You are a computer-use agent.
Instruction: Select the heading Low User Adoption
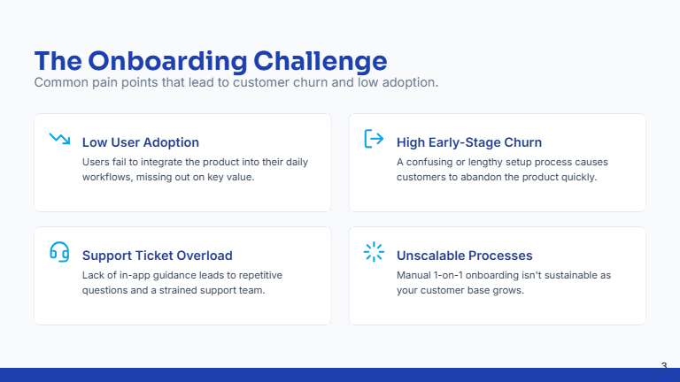pos(140,142)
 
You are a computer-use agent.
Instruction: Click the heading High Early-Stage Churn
pos(469,142)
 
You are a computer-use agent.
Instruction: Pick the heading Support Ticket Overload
pos(157,256)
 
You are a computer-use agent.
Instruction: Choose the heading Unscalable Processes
pos(464,256)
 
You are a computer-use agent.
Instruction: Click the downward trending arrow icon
pos(59,139)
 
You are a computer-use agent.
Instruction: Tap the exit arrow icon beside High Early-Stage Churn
pos(374,139)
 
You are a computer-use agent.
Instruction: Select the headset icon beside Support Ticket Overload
pos(59,252)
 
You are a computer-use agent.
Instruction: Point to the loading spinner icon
pos(374,252)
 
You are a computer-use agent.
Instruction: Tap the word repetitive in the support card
pos(256,275)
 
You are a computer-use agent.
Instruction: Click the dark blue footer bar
pos(340,375)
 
